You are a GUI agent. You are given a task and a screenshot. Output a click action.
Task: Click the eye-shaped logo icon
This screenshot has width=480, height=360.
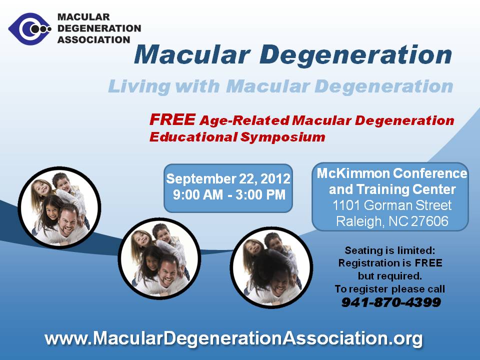click(29, 29)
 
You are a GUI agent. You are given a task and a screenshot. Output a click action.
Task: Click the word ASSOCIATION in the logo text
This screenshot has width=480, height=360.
click(93, 40)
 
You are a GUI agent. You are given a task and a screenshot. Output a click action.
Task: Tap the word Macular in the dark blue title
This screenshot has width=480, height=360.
click(192, 54)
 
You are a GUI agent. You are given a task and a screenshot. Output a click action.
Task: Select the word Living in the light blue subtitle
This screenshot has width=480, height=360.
click(139, 86)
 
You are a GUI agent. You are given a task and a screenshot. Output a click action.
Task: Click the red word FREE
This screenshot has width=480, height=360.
click(172, 119)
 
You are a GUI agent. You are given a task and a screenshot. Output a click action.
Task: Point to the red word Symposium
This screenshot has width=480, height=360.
click(282, 137)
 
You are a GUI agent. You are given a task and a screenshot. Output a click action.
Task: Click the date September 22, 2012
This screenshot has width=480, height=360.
click(228, 178)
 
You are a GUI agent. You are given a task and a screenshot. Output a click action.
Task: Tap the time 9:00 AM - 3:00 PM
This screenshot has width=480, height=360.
click(229, 195)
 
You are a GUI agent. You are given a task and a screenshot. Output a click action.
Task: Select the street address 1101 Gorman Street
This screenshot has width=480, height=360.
click(392, 205)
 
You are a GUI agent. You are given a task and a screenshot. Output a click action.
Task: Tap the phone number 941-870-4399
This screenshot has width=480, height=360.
click(391, 302)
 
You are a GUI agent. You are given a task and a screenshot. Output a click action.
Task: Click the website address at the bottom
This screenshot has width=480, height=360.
click(233, 338)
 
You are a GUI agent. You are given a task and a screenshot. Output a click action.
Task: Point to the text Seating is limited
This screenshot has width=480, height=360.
click(389, 250)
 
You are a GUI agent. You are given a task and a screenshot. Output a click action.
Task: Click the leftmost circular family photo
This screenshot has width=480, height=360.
click(59, 207)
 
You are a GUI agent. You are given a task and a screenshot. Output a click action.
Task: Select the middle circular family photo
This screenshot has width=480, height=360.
click(159, 258)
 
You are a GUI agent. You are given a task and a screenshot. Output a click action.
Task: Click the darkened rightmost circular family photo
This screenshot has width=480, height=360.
click(271, 267)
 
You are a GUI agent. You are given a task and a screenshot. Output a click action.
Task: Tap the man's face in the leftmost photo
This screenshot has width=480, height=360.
click(68, 221)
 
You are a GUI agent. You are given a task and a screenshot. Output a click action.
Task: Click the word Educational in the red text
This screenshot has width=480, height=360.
click(193, 137)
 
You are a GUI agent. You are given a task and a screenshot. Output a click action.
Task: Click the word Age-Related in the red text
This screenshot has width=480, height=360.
click(244, 120)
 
